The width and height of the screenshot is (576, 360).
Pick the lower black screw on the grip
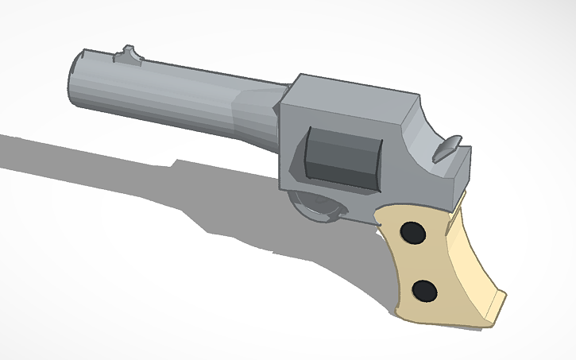(425, 291)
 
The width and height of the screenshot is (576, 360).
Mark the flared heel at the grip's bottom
(494, 306)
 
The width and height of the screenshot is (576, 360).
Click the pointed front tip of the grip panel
(380, 219)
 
